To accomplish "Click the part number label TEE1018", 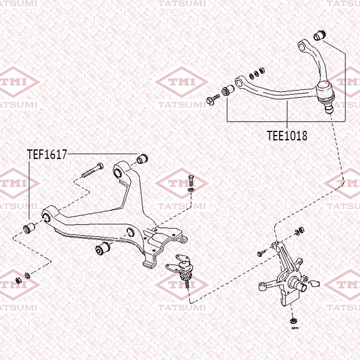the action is (287, 136).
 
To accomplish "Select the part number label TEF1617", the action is (47, 154).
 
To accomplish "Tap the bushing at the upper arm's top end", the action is (320, 35).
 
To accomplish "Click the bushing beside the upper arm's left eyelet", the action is (228, 90).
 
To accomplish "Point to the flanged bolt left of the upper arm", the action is (213, 99).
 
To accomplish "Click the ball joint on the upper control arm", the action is (325, 97).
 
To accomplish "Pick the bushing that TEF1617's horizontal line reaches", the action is (142, 158).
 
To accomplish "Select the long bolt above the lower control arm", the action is (92, 170).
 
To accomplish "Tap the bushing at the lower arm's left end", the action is (29, 227).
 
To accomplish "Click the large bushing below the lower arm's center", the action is (103, 248).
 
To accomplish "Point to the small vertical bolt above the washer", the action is (191, 181).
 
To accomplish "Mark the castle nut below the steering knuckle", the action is (293, 320).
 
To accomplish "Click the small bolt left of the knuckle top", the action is (262, 253).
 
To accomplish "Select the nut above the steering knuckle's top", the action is (301, 229).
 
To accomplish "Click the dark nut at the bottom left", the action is (18, 280).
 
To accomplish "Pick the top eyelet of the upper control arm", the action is (302, 46).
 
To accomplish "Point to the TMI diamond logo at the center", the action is (182, 82).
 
